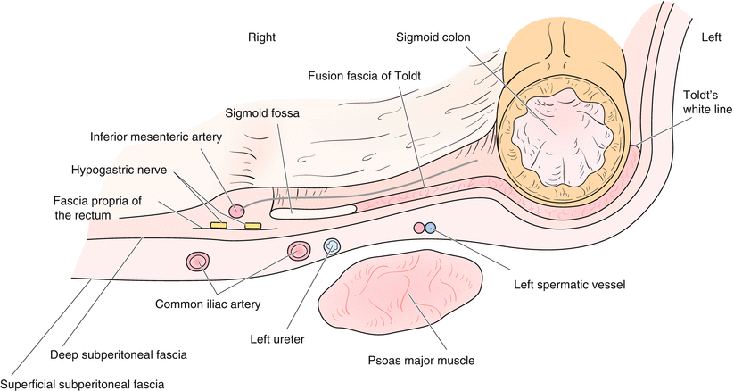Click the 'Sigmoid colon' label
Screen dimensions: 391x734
click(439, 38)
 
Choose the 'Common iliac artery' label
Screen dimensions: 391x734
click(208, 304)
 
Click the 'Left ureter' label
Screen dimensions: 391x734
click(279, 338)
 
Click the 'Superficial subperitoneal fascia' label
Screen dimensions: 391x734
click(83, 383)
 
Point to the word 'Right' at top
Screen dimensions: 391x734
click(262, 37)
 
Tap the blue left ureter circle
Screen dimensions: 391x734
click(333, 245)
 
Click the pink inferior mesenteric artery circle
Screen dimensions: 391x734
click(236, 212)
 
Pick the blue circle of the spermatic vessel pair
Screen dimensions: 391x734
click(431, 228)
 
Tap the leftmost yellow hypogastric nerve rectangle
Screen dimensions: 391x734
click(218, 225)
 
